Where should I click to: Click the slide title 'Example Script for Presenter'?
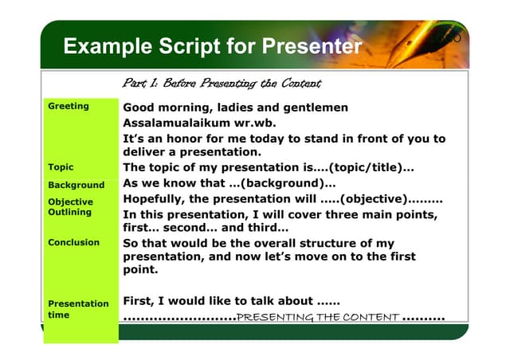click(x=212, y=46)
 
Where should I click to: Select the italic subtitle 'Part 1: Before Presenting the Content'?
click(x=222, y=84)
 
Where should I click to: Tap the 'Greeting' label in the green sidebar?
click(x=69, y=106)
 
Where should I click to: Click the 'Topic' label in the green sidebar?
click(x=61, y=167)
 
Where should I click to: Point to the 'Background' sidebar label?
click(x=76, y=185)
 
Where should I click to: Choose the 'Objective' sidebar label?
click(x=70, y=202)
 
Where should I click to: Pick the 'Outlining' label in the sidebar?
click(x=70, y=213)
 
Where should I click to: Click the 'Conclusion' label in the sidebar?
click(x=73, y=242)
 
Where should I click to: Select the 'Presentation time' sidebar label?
click(x=78, y=309)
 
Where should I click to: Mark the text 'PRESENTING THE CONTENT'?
click(x=318, y=318)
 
